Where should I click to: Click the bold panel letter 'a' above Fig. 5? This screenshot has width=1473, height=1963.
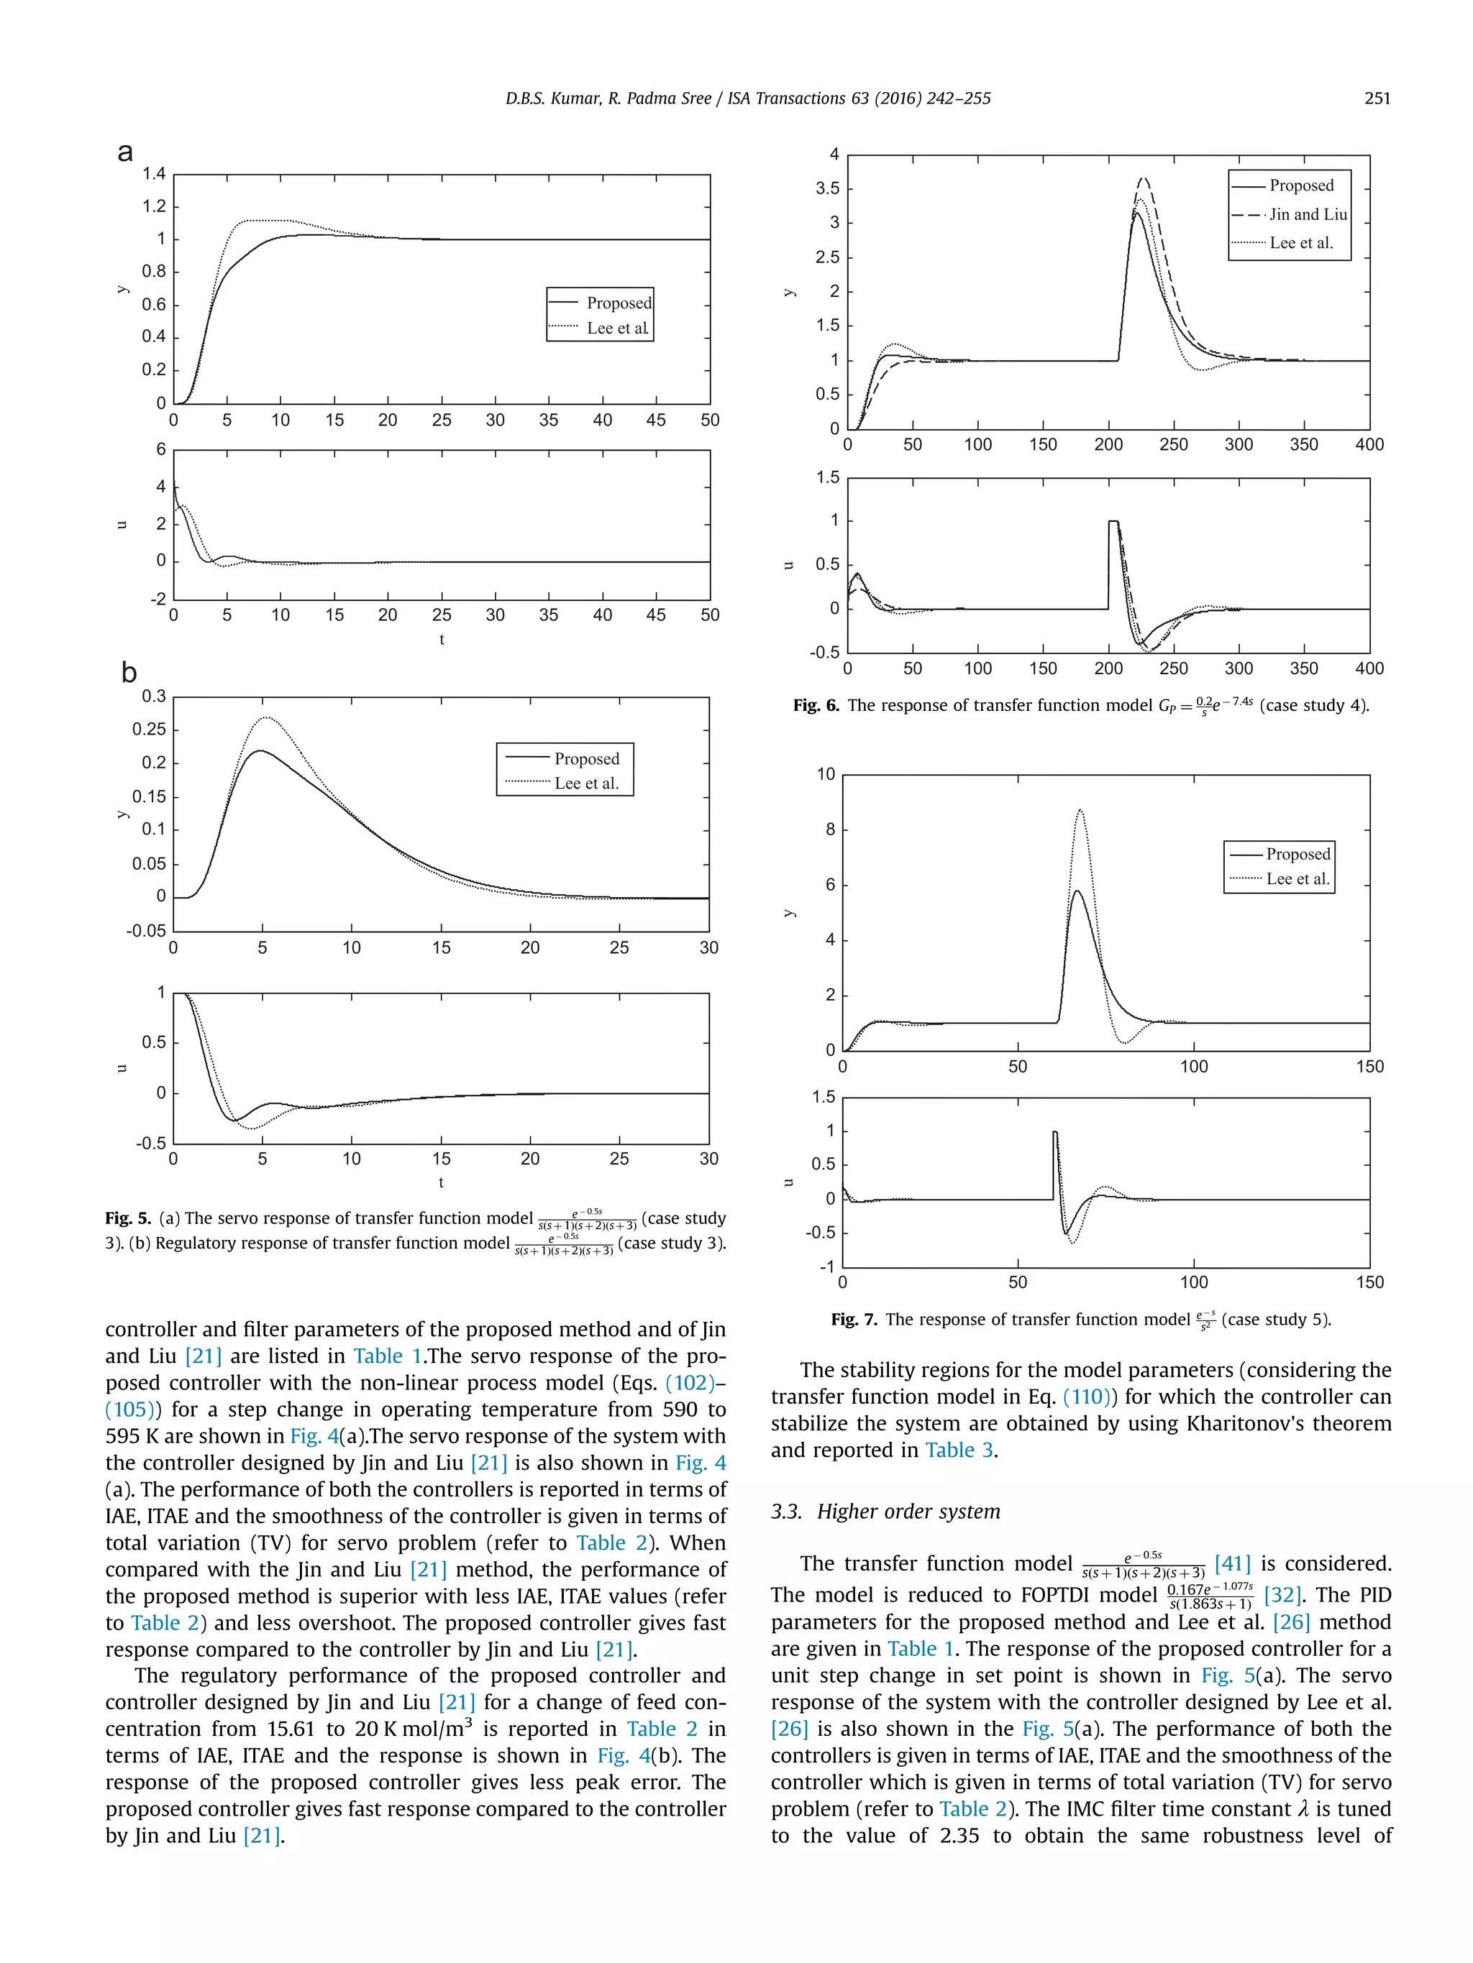coord(125,152)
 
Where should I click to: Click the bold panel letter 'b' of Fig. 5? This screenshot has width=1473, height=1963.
coord(129,673)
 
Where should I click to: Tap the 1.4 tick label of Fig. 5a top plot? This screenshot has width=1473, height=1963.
coord(154,173)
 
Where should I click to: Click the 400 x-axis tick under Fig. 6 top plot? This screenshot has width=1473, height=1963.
coord(1368,445)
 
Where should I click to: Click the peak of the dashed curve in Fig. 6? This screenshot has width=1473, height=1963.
coord(1144,178)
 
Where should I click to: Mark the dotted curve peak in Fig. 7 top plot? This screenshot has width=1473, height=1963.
coord(1080,809)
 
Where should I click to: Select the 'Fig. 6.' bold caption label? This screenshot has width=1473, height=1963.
coord(815,706)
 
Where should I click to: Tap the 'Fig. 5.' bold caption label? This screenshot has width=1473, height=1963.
coord(128,1218)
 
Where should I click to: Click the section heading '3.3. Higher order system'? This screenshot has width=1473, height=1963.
coord(885,1512)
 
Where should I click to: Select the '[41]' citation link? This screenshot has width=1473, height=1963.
coord(1232,1563)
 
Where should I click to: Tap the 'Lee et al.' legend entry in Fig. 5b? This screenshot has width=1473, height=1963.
coord(586,783)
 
